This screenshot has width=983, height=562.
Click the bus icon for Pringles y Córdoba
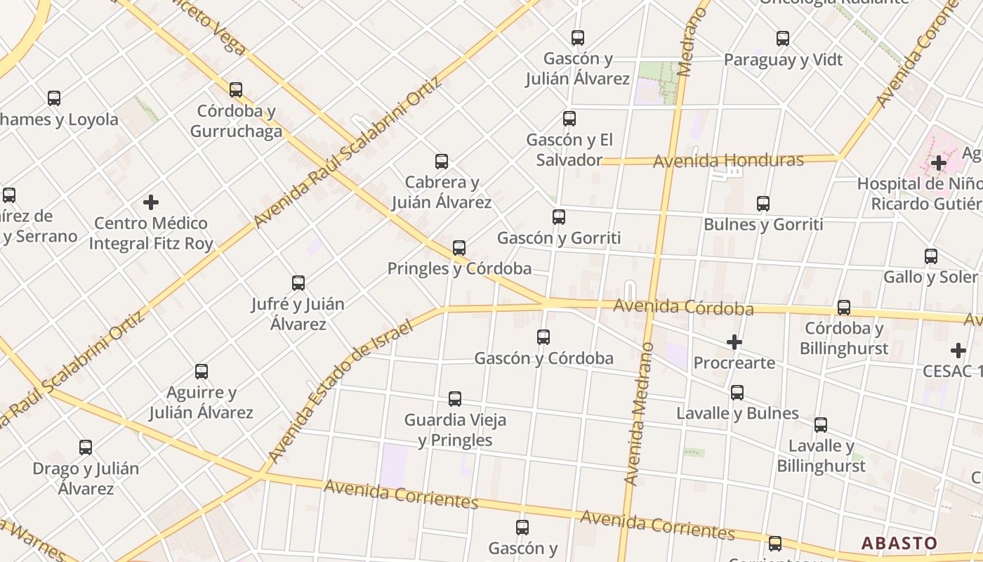pos(459,248)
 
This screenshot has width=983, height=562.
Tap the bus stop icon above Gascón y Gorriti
pos(559,217)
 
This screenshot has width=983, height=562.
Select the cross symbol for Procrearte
pos(734,342)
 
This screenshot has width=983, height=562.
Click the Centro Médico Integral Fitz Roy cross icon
pos(151,202)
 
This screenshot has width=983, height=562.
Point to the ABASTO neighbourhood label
pos(899,543)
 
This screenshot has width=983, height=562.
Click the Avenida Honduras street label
pos(728,161)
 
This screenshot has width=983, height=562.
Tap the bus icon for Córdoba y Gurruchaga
pos(236,90)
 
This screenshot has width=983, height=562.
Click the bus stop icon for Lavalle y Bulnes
pos(737,393)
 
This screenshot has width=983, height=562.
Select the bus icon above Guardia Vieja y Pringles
pos(455,399)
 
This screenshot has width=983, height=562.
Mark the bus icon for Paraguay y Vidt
pos(783,39)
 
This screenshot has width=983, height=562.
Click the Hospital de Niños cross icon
pos(939,164)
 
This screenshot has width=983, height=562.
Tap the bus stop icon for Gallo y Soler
pos(931,256)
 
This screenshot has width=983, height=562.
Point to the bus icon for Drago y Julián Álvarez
pos(86,447)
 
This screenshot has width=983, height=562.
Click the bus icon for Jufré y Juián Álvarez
pos(298,283)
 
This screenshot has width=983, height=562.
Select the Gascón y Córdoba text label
pos(543,358)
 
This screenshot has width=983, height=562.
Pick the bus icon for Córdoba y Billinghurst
pos(844,308)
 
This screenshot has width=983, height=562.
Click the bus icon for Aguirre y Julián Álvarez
pos(202,372)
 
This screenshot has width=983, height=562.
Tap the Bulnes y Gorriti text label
pos(763,225)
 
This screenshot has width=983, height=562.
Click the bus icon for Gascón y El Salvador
pos(569,119)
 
